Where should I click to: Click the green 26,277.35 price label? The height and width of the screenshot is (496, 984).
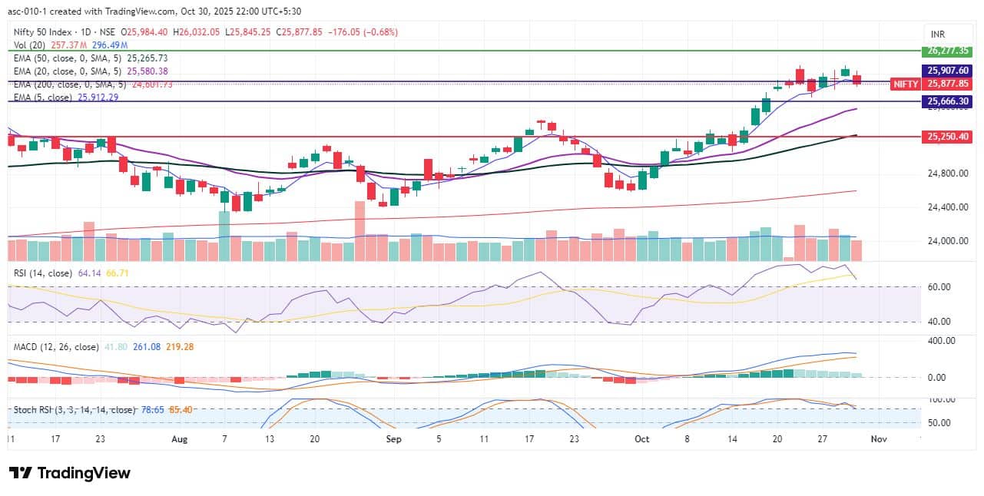946,51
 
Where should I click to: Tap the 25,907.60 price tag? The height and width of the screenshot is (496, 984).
946,71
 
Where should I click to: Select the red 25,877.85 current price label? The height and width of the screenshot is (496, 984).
946,84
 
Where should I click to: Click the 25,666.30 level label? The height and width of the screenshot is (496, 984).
946,101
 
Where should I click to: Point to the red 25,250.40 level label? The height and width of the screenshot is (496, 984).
946,136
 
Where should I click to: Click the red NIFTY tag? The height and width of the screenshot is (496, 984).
904,84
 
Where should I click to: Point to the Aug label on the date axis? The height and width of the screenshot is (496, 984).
179,439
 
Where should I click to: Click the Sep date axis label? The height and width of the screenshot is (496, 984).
393,439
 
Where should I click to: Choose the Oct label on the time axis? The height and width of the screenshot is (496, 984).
642,439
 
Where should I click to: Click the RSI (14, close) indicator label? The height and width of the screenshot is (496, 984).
43,273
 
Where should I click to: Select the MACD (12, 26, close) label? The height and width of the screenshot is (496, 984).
56,347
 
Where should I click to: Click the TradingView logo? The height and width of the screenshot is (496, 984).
69,473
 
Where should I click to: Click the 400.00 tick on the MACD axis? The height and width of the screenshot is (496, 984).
941,341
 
